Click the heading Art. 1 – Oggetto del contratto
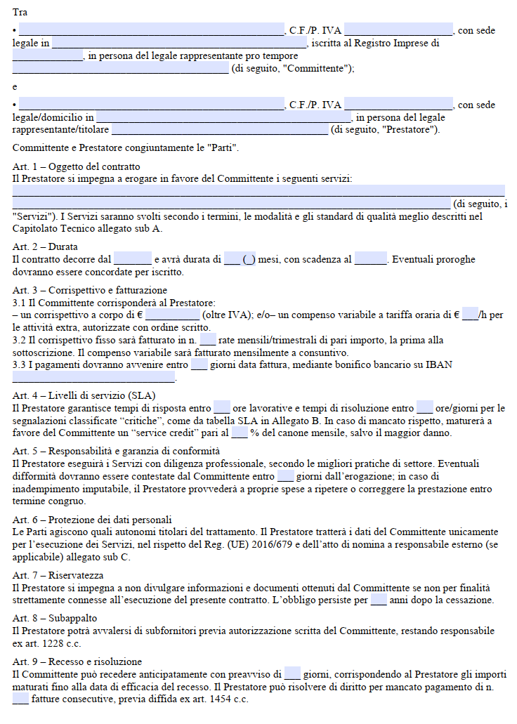pos(77,166)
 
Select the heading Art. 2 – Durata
pos(45,246)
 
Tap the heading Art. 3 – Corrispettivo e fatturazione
pos(90,290)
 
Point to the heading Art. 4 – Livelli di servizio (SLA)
pos(84,395)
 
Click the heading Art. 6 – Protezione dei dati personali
pos(92,520)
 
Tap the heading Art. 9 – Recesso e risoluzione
pos(77,662)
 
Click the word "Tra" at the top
pos(20,13)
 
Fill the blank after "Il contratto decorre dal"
pos(133,260)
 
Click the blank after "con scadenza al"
pos(371,260)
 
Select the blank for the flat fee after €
pos(172,316)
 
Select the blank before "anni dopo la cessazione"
pos(379,600)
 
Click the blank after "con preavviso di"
pos(292,675)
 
